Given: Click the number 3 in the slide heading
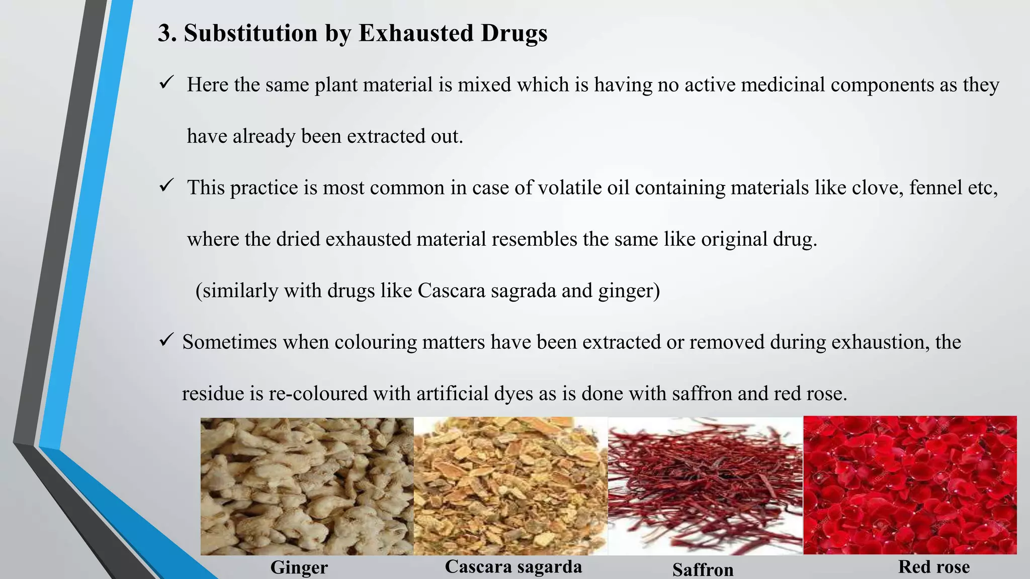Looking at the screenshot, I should tap(165, 34).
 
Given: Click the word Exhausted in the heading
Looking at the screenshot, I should tap(415, 34).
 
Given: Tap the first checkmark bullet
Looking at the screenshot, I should tap(166, 82).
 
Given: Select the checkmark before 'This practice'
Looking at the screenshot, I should tap(166, 185).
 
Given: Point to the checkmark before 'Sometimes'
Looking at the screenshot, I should tap(166, 340).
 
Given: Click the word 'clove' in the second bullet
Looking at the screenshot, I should tap(877, 188).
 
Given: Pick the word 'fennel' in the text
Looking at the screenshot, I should tap(933, 188).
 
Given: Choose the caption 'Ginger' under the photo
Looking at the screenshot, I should tap(299, 567).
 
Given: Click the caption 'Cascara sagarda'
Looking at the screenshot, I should tap(513, 567).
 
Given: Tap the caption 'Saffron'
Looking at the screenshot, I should tap(703, 569).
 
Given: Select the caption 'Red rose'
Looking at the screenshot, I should tap(934, 567).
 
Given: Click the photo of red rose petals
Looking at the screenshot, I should tap(910, 486).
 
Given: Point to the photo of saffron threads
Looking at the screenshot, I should tap(705, 486).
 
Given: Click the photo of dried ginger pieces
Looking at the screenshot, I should tap(307, 487).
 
